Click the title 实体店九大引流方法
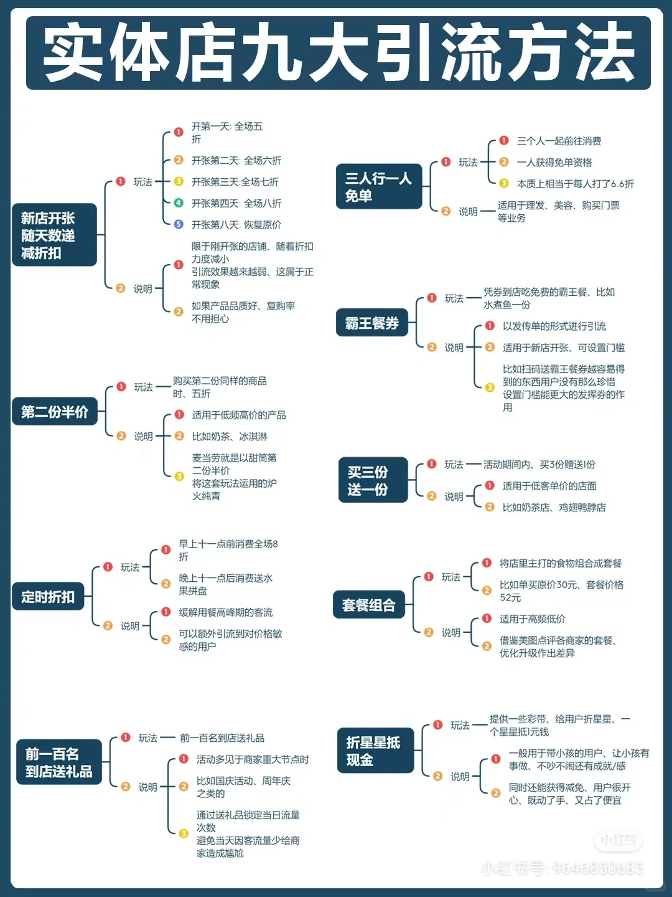pyautogui.click(x=338, y=53)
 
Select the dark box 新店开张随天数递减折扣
pyautogui.click(x=54, y=235)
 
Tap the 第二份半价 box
pyautogui.click(x=55, y=412)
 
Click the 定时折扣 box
pyautogui.click(x=48, y=597)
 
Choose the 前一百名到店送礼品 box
pyautogui.click(x=58, y=762)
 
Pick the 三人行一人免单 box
pyautogui.click(x=378, y=187)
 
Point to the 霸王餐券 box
pyautogui.click(x=371, y=323)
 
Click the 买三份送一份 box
pyautogui.click(x=372, y=480)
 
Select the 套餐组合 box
pyautogui.click(x=368, y=605)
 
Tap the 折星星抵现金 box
pyautogui.click(x=375, y=751)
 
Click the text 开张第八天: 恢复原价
pyautogui.click(x=236, y=225)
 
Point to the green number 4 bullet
pyautogui.click(x=179, y=203)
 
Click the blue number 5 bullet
pyautogui.click(x=179, y=224)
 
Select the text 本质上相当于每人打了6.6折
pyautogui.click(x=575, y=184)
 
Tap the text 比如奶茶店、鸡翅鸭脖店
pyautogui.click(x=554, y=508)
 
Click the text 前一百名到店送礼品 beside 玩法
pyautogui.click(x=222, y=738)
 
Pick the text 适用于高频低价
pyautogui.click(x=532, y=619)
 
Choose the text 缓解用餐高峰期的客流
pyautogui.click(x=226, y=612)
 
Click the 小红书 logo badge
pyautogui.click(x=618, y=840)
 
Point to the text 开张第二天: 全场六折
pyautogui.click(x=236, y=161)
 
